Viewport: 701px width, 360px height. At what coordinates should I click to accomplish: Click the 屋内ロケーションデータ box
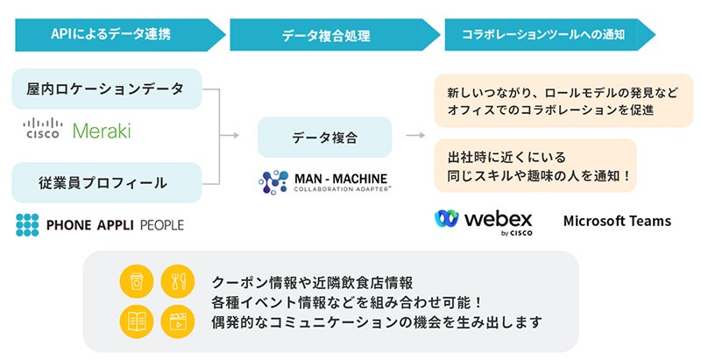(x=107, y=88)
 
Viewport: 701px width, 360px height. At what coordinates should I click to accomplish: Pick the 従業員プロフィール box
(x=107, y=183)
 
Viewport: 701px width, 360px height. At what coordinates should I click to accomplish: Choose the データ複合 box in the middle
(x=324, y=138)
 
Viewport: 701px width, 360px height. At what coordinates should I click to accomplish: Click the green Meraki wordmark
(x=102, y=131)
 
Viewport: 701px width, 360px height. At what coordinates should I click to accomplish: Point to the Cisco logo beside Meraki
(x=42, y=129)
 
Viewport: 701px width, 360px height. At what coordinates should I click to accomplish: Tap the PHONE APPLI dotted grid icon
(x=27, y=224)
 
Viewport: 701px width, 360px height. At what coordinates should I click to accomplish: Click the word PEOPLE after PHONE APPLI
(x=162, y=225)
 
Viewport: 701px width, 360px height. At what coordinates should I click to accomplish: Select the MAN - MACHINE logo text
(x=341, y=179)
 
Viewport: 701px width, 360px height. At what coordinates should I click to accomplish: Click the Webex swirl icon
(x=446, y=219)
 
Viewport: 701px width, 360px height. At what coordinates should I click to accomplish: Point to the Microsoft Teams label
(x=617, y=221)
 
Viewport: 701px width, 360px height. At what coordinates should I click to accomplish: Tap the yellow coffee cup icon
(x=137, y=281)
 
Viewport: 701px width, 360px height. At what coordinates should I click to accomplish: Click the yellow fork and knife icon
(x=178, y=281)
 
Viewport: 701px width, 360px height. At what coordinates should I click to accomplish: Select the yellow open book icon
(x=137, y=321)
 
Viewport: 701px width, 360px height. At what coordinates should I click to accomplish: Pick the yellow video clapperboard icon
(x=178, y=321)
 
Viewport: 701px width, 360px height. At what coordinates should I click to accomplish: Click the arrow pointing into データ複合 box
(x=230, y=136)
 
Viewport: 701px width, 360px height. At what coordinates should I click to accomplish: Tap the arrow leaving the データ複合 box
(x=415, y=136)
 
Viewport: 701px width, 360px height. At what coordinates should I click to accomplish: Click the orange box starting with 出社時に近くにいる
(x=535, y=166)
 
